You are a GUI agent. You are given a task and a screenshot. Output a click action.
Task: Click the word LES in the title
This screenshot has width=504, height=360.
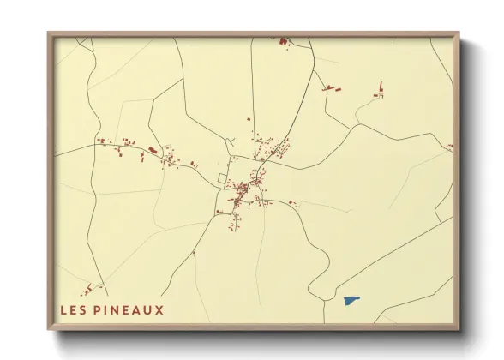coord(75,309)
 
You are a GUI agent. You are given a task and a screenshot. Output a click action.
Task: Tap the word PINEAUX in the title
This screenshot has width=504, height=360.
coord(129,309)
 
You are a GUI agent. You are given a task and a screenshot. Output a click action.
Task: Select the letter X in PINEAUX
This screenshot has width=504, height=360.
coord(159,309)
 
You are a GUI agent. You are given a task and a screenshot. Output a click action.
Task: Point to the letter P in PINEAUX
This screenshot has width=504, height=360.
coord(100,309)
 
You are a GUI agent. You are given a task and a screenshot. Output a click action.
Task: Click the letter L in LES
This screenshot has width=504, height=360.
coord(64,309)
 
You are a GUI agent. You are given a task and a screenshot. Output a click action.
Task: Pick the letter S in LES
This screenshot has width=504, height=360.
coord(85,309)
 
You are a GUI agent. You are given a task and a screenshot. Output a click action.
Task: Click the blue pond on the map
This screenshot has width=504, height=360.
coord(351,301)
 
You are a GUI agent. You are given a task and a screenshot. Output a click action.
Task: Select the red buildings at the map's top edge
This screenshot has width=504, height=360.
coord(282,39)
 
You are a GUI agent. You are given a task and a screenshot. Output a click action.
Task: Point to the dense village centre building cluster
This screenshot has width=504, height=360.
coord(246,189)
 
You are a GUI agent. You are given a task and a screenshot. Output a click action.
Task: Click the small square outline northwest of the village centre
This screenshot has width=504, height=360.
coord(223,177)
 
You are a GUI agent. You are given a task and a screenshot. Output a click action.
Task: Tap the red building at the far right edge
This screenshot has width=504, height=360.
coord(449,147)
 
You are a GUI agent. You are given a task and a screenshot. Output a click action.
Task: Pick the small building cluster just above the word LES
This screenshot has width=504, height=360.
coord(93,288)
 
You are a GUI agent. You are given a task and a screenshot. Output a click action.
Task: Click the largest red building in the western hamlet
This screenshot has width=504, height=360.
coord(153,150)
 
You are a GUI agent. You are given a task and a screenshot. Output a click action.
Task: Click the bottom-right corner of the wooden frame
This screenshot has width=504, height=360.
coord(460,330)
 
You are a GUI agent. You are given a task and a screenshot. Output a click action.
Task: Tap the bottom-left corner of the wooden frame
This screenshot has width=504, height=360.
coord(49,330)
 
